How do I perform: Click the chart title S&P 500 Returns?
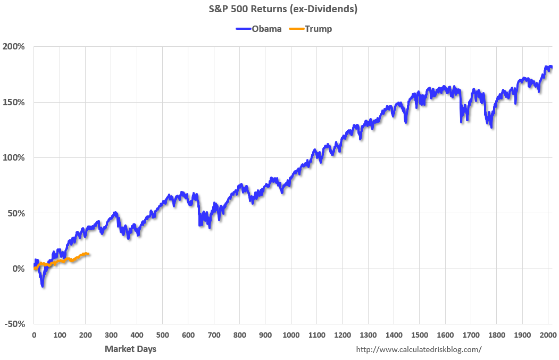pos(279,9)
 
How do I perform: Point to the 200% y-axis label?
pos(14,47)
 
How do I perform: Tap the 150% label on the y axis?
pos(14,102)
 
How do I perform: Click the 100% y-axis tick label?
pos(14,158)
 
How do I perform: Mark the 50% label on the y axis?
pos(16,213)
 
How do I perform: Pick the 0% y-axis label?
pos(18,269)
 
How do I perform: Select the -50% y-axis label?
pos(15,324)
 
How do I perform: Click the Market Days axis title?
pos(130,349)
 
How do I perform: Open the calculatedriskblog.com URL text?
pos(419,349)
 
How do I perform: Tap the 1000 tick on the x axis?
pos(291,336)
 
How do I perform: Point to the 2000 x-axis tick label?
pos(548,336)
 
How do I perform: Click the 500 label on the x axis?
pos(162,336)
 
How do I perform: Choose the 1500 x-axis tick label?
pos(420,336)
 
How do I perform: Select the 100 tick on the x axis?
pos(60,336)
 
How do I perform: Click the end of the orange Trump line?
pos(88,254)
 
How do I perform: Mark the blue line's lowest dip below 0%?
pos(43,286)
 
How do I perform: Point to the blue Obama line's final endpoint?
pos(551,67)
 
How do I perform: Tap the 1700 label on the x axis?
pos(471,336)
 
